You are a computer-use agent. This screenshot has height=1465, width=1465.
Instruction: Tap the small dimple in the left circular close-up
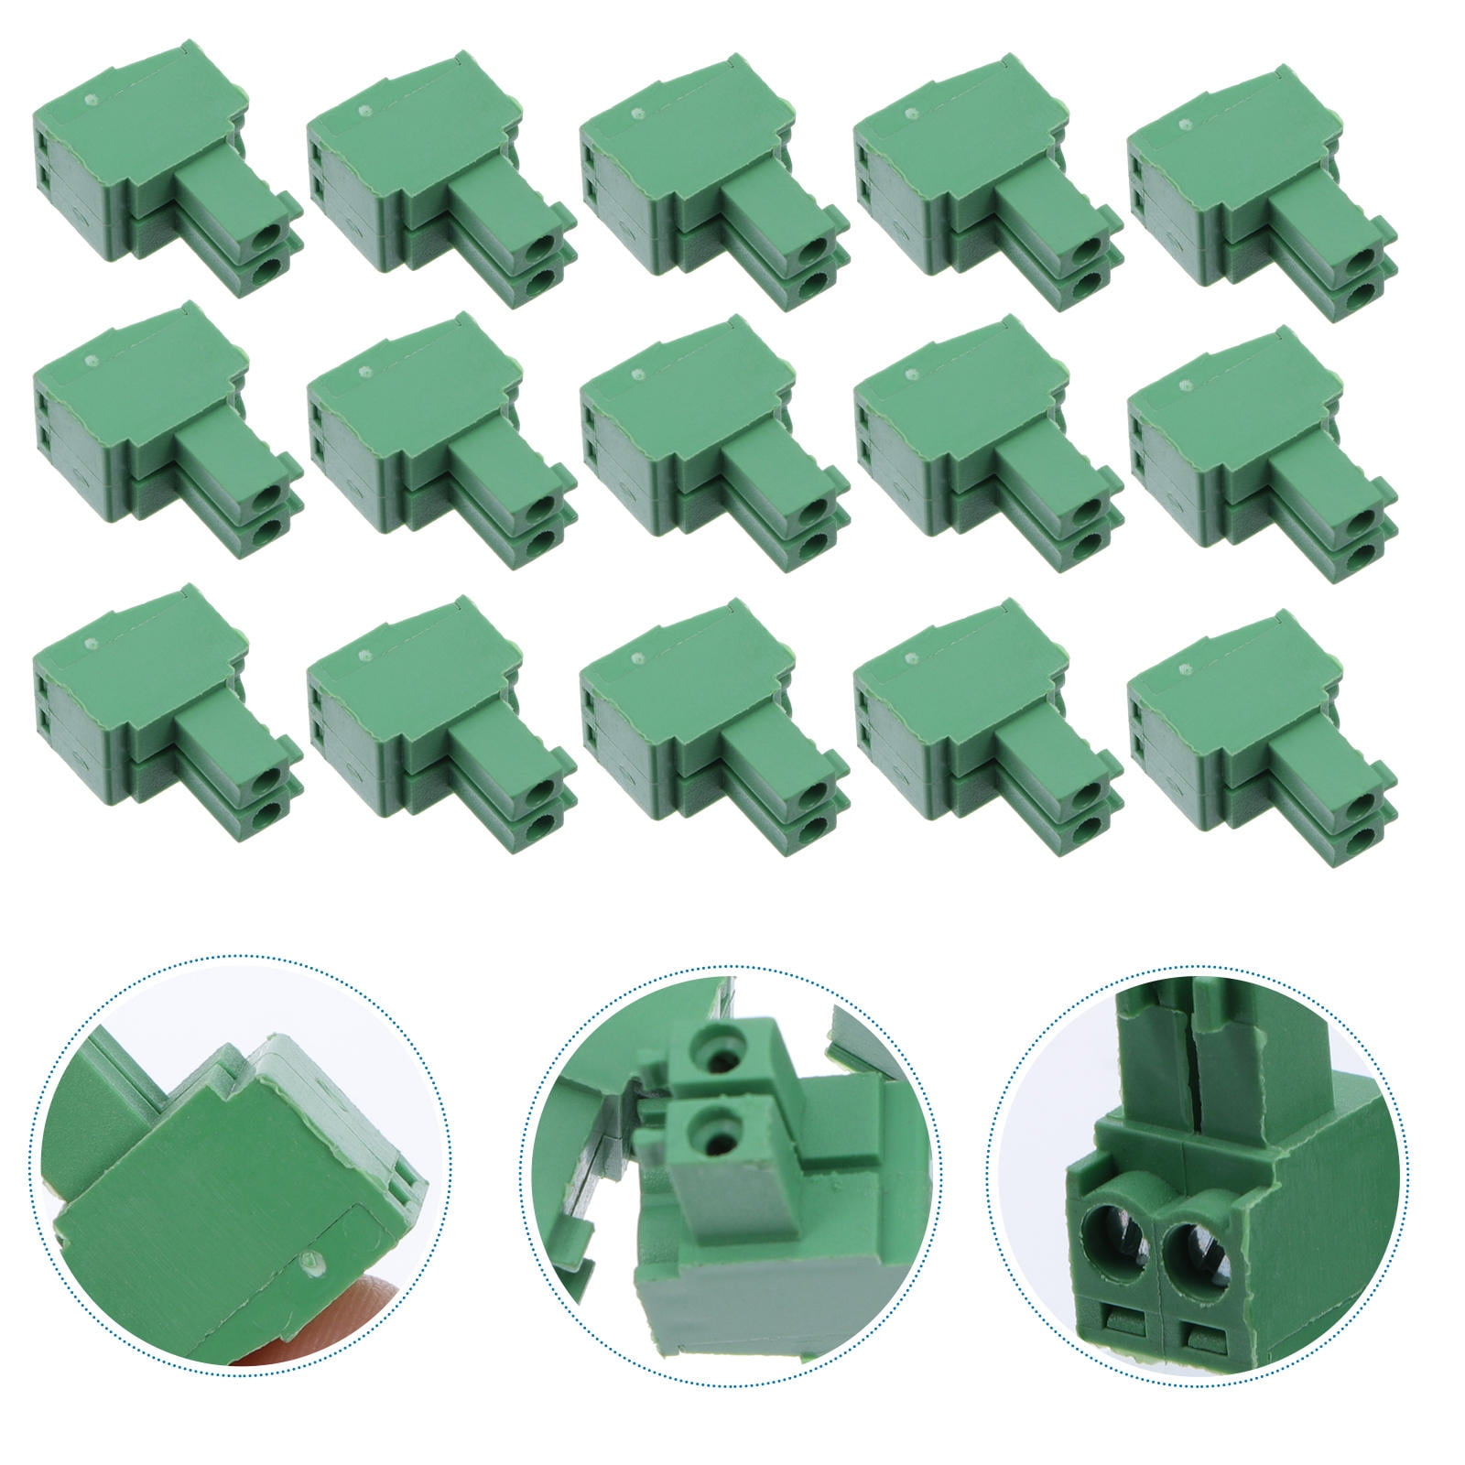[313, 1264]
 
